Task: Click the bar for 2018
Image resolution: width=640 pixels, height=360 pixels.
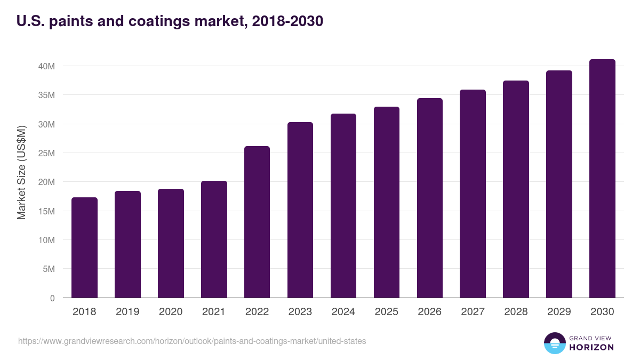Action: (x=84, y=247)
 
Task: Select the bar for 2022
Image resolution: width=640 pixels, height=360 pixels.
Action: (x=257, y=222)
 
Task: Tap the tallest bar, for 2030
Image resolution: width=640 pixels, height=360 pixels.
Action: (x=602, y=179)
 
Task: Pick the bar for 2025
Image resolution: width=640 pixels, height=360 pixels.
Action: (x=387, y=202)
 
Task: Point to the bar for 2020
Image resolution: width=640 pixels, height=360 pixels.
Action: (x=171, y=243)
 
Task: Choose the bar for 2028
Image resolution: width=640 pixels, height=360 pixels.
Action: (x=516, y=189)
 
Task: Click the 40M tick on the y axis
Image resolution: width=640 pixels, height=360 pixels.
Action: (x=46, y=66)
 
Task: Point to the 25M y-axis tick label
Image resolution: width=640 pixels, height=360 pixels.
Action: (x=46, y=153)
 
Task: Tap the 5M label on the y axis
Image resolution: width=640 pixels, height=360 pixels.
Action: (x=48, y=269)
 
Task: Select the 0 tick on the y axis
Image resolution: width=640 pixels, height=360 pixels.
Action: (x=52, y=298)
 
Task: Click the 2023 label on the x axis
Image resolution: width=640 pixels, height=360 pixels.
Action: (x=300, y=312)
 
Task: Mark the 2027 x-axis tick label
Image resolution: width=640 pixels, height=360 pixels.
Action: (x=473, y=312)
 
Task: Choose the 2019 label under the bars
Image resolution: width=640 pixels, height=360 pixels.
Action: (x=127, y=312)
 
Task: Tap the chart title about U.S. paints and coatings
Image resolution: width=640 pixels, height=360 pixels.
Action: (x=170, y=22)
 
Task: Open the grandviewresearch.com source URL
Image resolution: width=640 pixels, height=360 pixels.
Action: (x=192, y=341)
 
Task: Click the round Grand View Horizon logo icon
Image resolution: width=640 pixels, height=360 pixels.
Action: (x=554, y=343)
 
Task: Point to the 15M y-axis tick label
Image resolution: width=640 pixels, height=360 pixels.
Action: (x=46, y=211)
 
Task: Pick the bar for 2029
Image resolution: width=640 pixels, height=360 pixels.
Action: (x=559, y=184)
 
